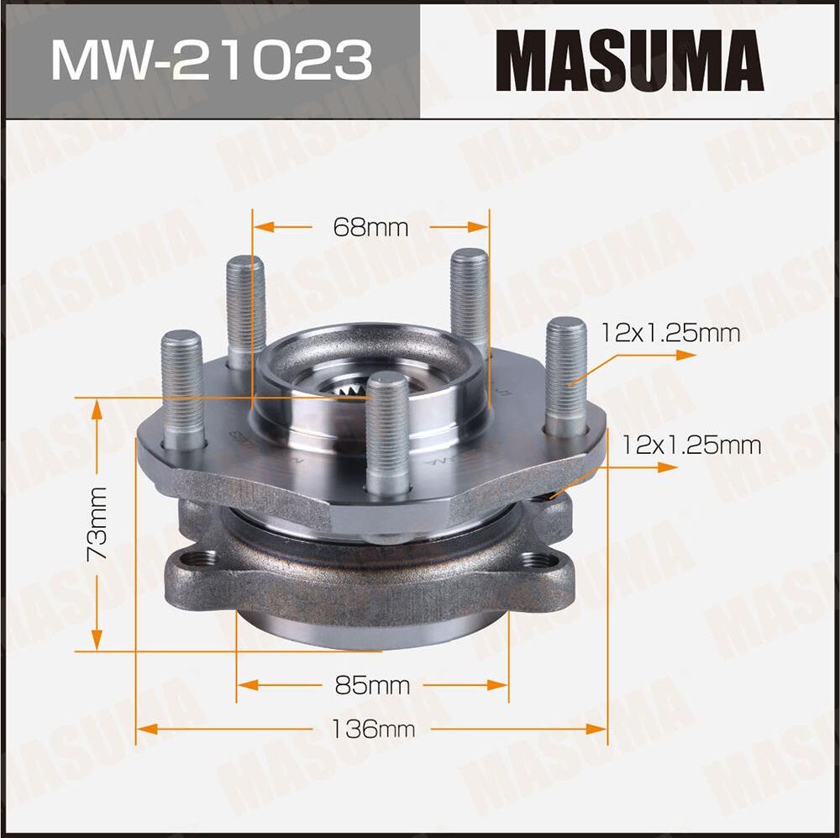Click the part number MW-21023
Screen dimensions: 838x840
[210, 61]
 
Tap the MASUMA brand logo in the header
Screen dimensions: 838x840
[629, 60]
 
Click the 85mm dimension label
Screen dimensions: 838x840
[372, 685]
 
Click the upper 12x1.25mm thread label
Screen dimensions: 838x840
[670, 334]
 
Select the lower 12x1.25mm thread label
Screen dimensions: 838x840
[691, 445]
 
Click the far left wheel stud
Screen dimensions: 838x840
[182, 387]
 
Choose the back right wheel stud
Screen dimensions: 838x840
[470, 298]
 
